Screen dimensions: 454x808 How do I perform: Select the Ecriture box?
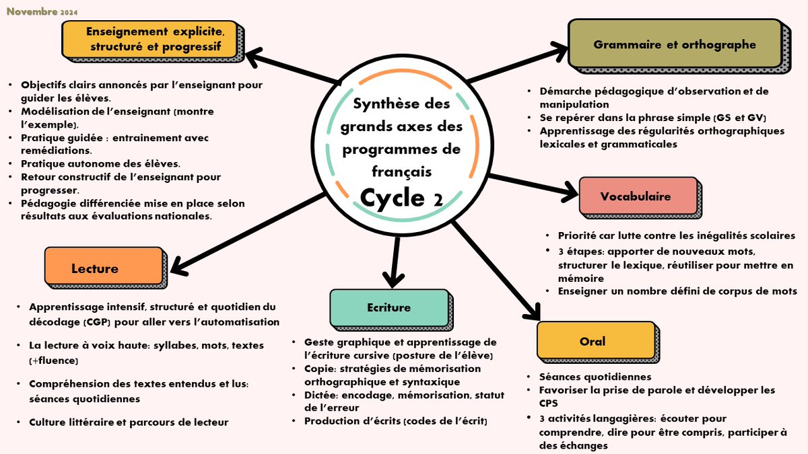coord(388,307)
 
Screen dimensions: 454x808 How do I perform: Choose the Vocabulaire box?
coord(635,196)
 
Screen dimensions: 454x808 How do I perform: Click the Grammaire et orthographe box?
coord(674,45)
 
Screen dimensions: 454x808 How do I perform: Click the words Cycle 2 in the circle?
coord(400,198)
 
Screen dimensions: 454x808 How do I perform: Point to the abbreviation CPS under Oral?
coord(549,402)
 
